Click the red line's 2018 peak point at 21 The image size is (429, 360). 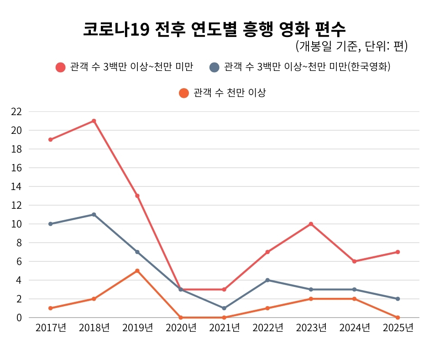click(94, 121)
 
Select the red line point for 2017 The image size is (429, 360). click(50, 139)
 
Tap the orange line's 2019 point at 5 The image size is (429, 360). click(137, 271)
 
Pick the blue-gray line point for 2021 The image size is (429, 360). click(224, 308)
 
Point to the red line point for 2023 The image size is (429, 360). click(311, 224)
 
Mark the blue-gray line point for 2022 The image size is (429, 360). click(267, 280)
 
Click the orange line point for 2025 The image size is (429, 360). click(398, 318)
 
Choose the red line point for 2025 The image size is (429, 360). click(398, 252)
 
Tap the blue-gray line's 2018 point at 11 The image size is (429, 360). click(94, 215)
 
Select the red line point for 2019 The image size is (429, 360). click(137, 196)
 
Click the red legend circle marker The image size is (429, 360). click(61, 67)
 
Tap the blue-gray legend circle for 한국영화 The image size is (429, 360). click(214, 67)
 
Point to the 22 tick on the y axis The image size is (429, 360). click(16, 111)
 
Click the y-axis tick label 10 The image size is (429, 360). click(16, 224)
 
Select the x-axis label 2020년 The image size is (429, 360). click(181, 328)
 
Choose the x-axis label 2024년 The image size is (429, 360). click(354, 328)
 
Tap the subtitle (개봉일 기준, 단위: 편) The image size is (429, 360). click(351, 46)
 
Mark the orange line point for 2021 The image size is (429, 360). click(224, 318)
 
